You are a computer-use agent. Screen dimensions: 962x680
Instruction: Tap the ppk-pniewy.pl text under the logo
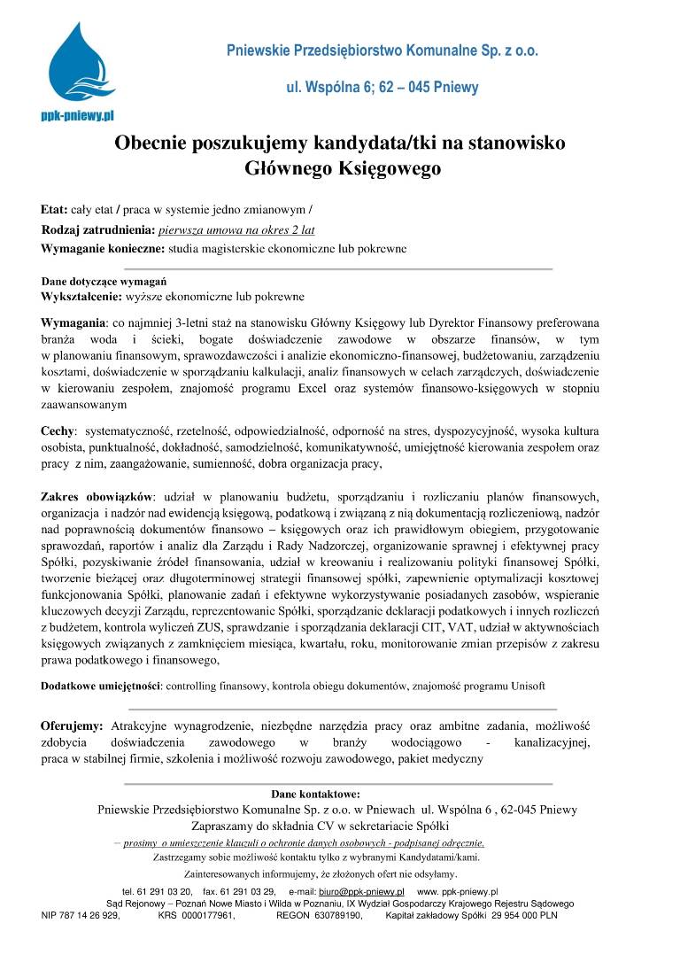tap(78, 115)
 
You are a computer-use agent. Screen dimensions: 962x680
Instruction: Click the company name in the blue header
tap(382, 50)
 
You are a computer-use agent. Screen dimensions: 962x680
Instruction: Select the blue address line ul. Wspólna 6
tap(382, 87)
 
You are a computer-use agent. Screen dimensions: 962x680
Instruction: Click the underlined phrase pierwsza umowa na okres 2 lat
tap(232, 230)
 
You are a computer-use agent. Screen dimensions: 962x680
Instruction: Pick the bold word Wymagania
tap(73, 322)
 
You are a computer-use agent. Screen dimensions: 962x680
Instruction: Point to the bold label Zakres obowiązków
tap(97, 493)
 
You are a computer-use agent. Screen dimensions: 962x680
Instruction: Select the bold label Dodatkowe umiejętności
tap(101, 686)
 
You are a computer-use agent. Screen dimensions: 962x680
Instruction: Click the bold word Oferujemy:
tap(72, 725)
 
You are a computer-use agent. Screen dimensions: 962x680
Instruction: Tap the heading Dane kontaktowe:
tap(315, 794)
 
